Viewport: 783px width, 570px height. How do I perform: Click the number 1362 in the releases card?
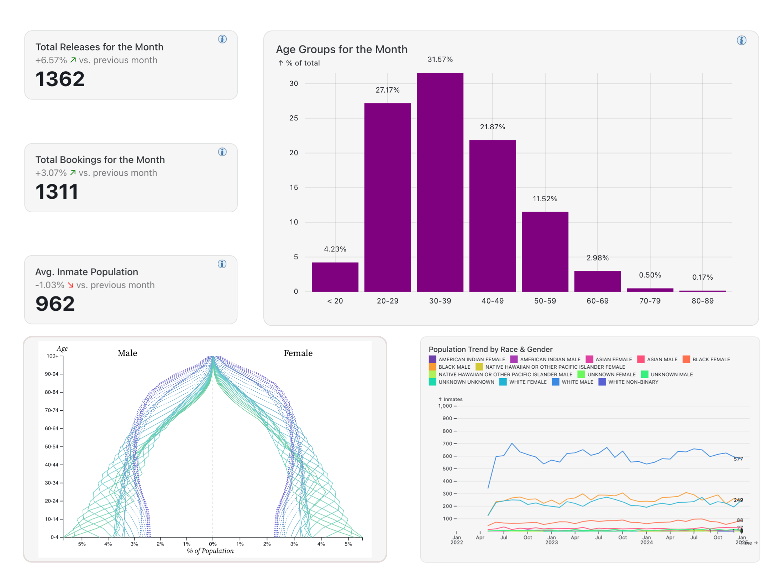(60, 79)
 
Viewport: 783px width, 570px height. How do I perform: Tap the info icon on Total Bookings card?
(222, 152)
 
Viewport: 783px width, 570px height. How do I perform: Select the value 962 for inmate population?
(55, 304)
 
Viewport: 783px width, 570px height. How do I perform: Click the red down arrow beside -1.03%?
(70, 285)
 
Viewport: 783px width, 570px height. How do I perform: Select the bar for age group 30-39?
(440, 182)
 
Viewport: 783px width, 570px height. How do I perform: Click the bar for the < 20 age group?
(335, 277)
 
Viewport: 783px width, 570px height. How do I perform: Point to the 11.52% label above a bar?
(545, 199)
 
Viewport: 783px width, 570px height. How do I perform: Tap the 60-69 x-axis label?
(597, 301)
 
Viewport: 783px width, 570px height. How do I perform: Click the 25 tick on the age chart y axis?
(294, 118)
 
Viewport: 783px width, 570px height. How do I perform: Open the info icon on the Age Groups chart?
(741, 41)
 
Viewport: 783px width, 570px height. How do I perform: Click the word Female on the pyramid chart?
(298, 353)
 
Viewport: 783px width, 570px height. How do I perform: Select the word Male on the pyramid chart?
(127, 353)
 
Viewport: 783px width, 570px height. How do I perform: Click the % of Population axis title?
(210, 551)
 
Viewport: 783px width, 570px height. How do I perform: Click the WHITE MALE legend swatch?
(555, 382)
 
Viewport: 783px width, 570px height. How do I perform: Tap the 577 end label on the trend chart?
(738, 459)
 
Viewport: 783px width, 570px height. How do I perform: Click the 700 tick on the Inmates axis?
(447, 444)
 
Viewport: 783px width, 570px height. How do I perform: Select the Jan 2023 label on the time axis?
(551, 540)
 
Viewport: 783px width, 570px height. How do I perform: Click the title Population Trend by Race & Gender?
(490, 349)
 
